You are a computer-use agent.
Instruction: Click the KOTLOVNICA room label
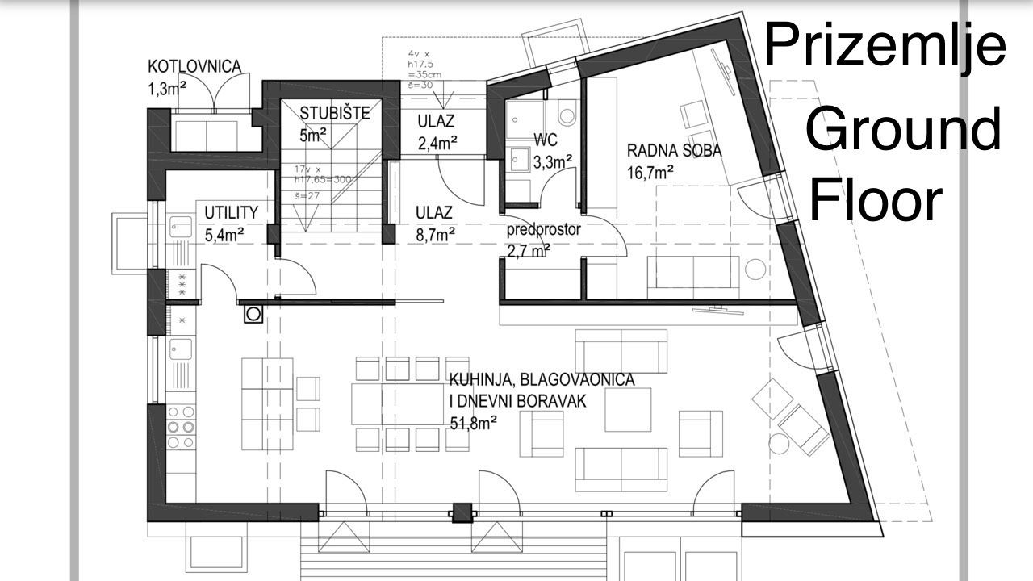coord(194,66)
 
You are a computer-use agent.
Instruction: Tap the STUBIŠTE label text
coord(334,113)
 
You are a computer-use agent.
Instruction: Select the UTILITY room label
coord(231,213)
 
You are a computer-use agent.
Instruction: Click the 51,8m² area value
coord(472,420)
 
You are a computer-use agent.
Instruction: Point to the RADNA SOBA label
coord(674,150)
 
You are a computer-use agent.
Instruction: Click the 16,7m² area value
coord(650,171)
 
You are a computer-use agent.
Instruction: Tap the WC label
coord(546,140)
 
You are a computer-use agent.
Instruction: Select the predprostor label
coord(543,230)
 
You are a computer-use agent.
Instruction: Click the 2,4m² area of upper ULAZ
coord(438,144)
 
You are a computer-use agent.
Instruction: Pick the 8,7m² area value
coord(435,234)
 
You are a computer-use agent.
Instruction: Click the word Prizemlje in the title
coord(885,46)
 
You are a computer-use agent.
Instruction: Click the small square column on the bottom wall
coord(462,513)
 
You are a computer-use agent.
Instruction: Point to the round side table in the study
coord(756,269)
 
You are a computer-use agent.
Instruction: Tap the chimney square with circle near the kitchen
coord(253,313)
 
